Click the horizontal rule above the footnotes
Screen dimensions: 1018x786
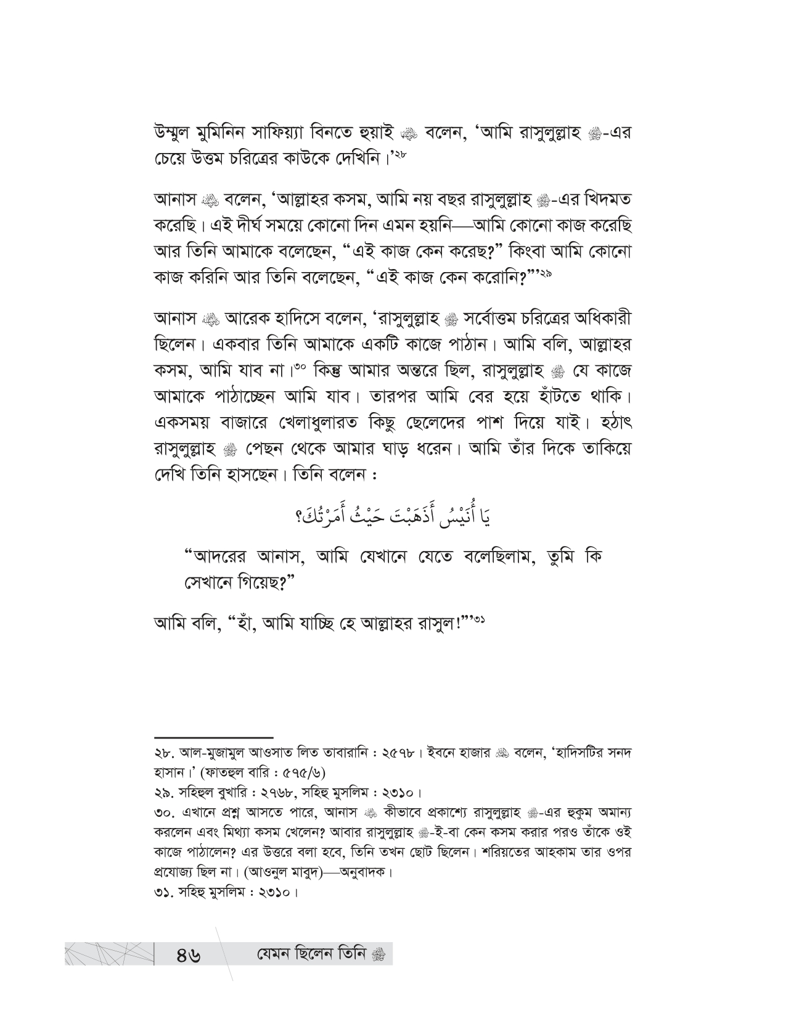[213, 737]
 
